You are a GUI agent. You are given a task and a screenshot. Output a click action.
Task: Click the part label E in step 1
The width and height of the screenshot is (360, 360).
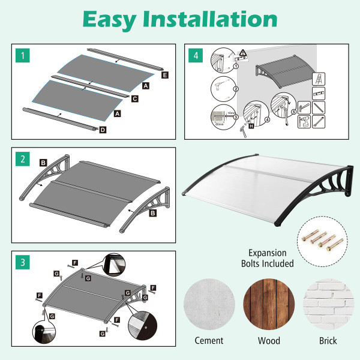(165, 76)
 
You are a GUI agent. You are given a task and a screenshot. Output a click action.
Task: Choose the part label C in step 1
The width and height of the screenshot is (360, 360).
(134, 98)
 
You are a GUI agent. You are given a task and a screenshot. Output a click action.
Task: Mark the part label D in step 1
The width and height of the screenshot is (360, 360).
(103, 129)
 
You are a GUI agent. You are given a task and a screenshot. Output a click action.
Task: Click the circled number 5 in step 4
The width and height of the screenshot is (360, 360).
(293, 112)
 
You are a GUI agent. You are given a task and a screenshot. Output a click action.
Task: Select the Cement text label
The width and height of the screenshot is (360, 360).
(209, 341)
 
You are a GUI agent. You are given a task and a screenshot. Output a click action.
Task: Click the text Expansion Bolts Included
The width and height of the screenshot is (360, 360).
(268, 258)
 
